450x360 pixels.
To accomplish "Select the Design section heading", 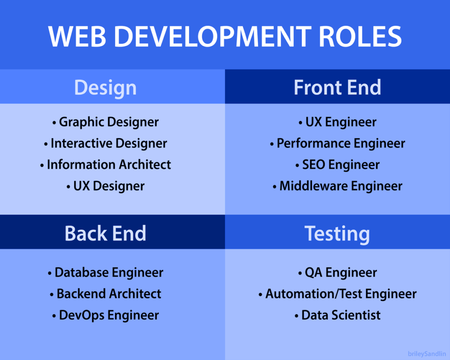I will pyautogui.click(x=105, y=87).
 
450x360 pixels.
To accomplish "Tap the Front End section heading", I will pyautogui.click(x=337, y=87).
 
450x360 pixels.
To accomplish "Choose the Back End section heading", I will pyautogui.click(x=105, y=233).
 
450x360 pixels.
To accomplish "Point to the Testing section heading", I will pyautogui.click(x=337, y=233).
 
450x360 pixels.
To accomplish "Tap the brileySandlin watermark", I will pyautogui.click(x=427, y=353).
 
